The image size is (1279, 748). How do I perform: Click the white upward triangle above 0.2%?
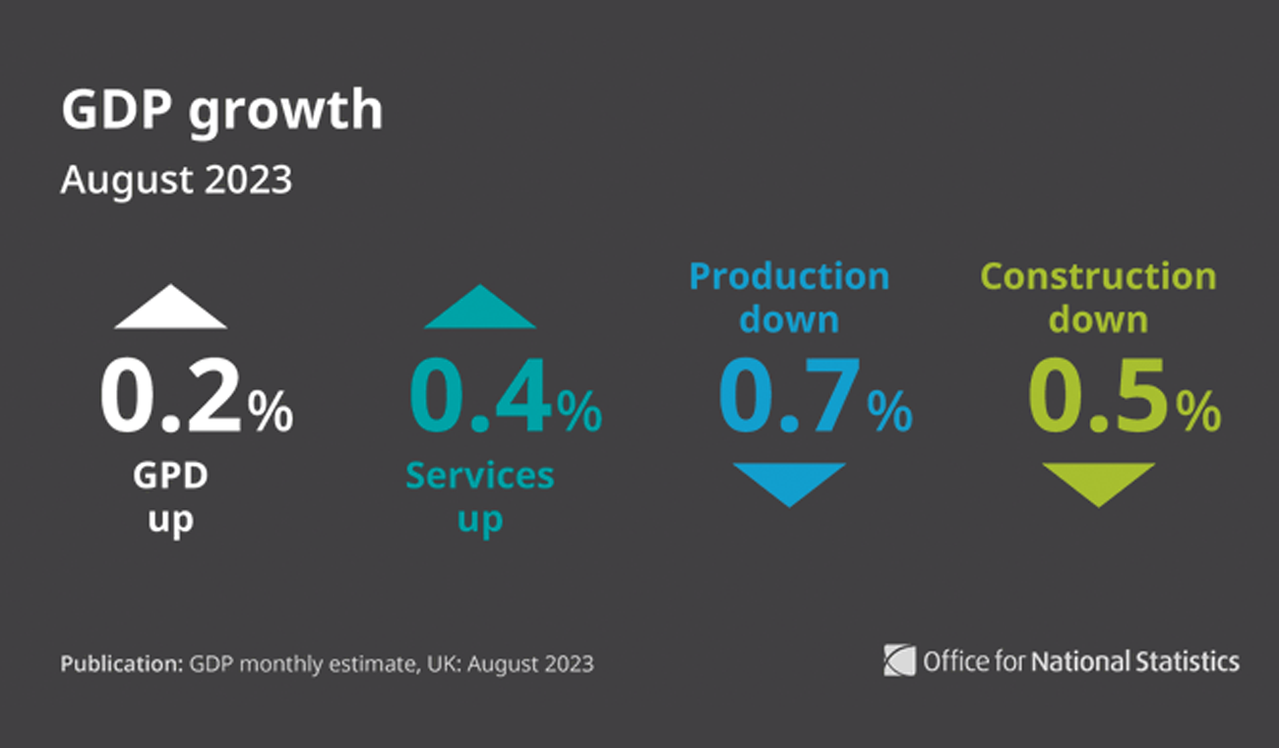pos(170,311)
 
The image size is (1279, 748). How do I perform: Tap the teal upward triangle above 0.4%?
pos(480,311)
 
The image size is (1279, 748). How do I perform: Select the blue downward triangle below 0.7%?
pos(789,481)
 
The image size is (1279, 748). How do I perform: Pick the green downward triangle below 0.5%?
pos(1098,481)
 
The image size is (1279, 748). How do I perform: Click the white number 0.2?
pos(170,398)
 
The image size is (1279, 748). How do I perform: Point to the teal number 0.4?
pos(480,398)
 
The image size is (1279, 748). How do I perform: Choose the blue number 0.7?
pos(789,398)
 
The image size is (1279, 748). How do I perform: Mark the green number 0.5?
pos(1098,398)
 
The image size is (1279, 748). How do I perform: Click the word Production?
pos(789,276)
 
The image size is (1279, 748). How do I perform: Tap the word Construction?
pos(1099,276)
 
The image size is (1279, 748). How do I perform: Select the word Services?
pos(480,476)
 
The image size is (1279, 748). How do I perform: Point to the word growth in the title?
pos(285,111)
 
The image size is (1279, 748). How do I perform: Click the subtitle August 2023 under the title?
pos(176,181)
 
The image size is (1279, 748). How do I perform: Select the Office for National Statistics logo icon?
pos(899,660)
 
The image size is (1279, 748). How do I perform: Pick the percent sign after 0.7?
pos(889,413)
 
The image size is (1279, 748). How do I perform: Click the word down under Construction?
pos(1098,319)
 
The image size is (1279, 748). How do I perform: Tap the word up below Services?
pos(480,519)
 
